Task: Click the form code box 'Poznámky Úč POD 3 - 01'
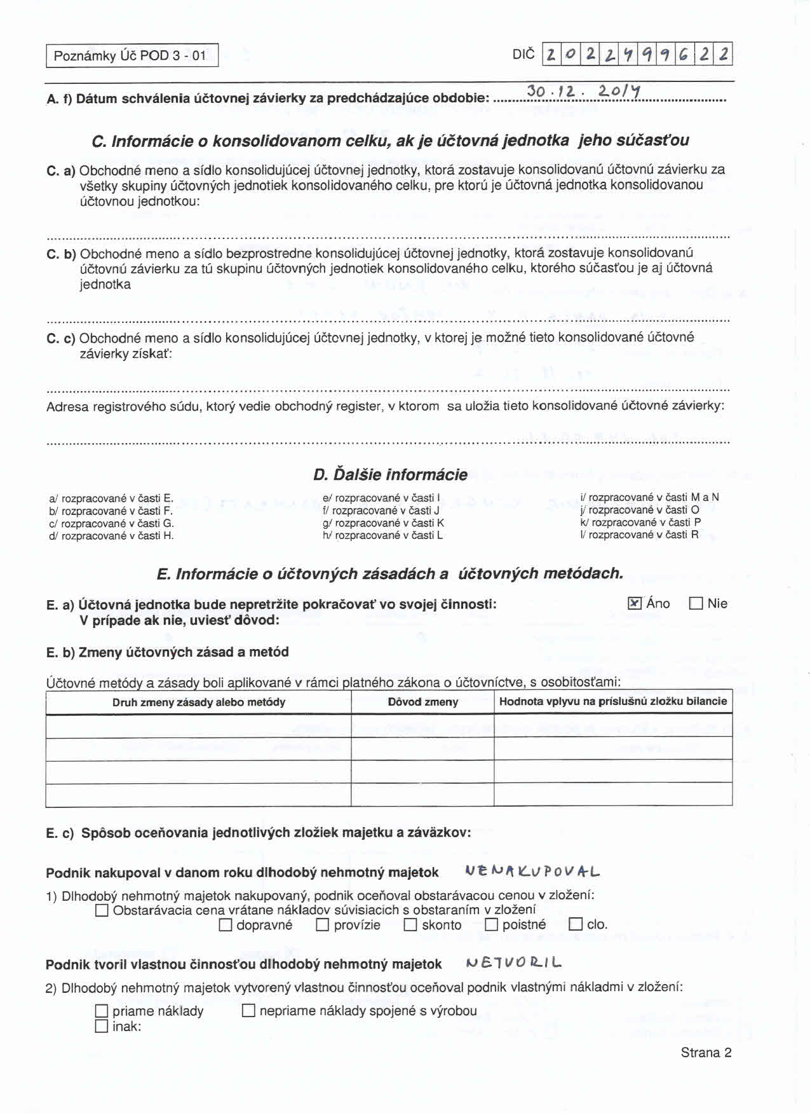point(132,55)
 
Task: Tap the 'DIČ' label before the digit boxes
point(523,55)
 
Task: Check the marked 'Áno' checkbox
point(635,603)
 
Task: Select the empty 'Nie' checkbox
point(696,603)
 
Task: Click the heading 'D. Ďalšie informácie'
point(390,475)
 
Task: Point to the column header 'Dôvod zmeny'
point(422,702)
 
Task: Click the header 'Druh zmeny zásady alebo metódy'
point(198,702)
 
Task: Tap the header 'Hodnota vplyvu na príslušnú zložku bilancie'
point(612,701)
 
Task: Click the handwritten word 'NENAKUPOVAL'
point(532,872)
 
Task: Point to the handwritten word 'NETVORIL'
point(513,963)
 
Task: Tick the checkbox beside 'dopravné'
point(226,925)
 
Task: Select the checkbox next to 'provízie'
point(323,925)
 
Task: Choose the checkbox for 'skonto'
point(410,925)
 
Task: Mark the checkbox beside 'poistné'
point(491,925)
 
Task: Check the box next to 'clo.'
point(576,924)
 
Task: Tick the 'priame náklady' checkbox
point(102,1011)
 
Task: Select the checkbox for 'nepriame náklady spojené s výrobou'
point(248,1010)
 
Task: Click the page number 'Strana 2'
point(706,1053)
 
